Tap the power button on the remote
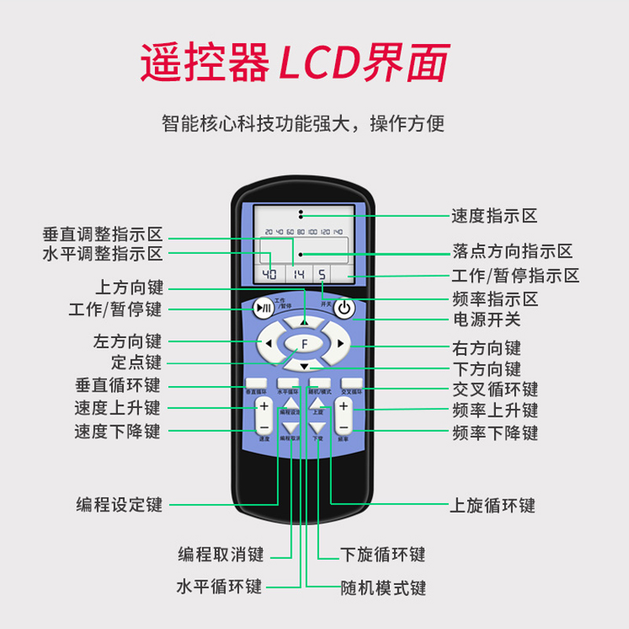[344, 308]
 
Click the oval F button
[304, 344]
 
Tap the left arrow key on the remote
[268, 344]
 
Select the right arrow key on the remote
[340, 344]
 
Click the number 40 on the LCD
[269, 274]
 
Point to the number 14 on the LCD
[298, 274]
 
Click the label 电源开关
[486, 320]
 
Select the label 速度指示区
[494, 215]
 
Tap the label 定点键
[136, 362]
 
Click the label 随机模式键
[383, 587]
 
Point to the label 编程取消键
[221, 554]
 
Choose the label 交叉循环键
[495, 389]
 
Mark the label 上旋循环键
[492, 505]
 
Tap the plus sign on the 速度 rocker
[264, 406]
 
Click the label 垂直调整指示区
[102, 234]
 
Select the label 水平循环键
[219, 587]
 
